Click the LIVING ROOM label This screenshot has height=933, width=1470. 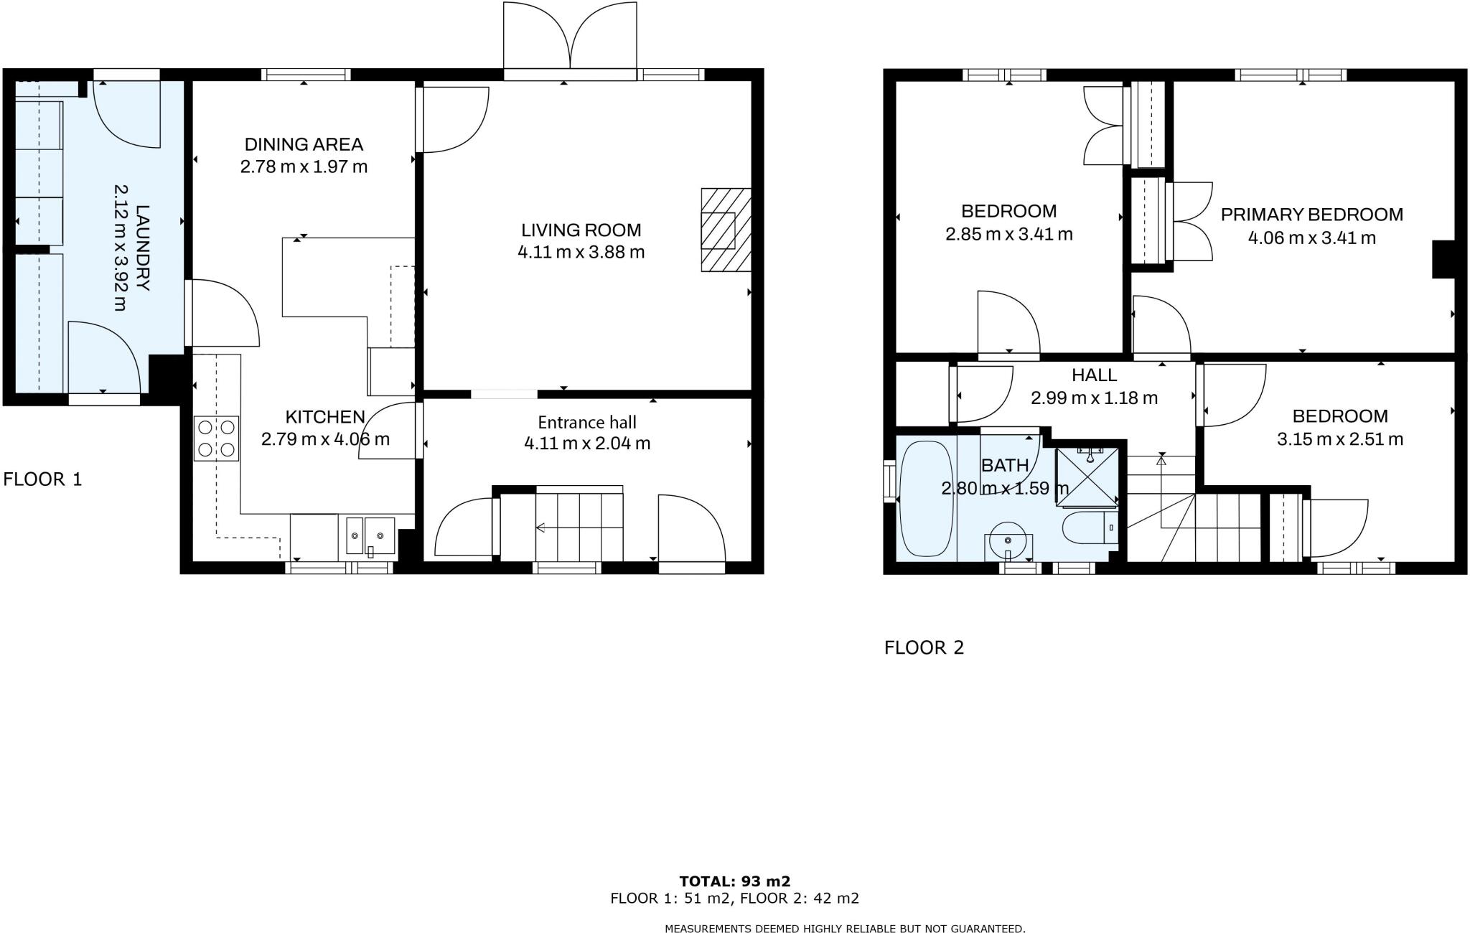pyautogui.click(x=581, y=230)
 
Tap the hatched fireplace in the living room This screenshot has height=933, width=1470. pyautogui.click(x=725, y=230)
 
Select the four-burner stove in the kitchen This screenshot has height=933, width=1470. pyautogui.click(x=216, y=439)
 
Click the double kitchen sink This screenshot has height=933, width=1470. pyautogui.click(x=370, y=535)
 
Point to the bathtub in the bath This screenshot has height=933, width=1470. pyautogui.click(x=925, y=499)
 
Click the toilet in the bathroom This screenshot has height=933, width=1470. pyautogui.click(x=1085, y=528)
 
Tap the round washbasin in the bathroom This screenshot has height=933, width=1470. pyautogui.click(x=1008, y=540)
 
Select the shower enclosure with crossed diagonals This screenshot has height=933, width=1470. pyautogui.click(x=1087, y=477)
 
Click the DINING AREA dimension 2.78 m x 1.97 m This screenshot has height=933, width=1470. pyautogui.click(x=304, y=167)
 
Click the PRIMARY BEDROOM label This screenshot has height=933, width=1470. pyautogui.click(x=1311, y=215)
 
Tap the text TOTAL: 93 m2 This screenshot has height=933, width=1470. pyautogui.click(x=734, y=881)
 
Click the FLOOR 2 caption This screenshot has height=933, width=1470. pyautogui.click(x=924, y=648)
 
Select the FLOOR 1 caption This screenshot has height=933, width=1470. pyautogui.click(x=42, y=479)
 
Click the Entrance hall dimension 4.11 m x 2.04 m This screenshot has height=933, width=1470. pyautogui.click(x=587, y=444)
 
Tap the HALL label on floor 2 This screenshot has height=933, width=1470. pyautogui.click(x=1094, y=375)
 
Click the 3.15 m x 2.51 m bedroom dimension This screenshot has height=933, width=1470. pyautogui.click(x=1339, y=439)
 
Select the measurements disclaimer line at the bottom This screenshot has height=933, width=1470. pyautogui.click(x=844, y=929)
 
